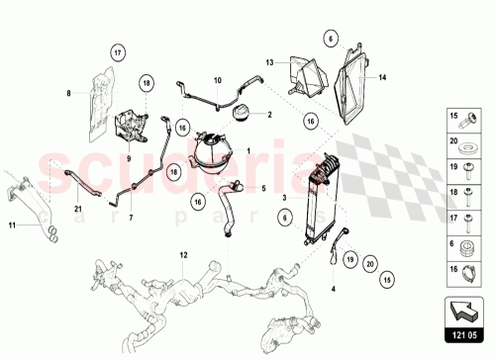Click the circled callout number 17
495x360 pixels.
pos(116,52)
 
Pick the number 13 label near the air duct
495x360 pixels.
pos(267,61)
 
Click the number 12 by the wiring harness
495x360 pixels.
pos(181,256)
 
